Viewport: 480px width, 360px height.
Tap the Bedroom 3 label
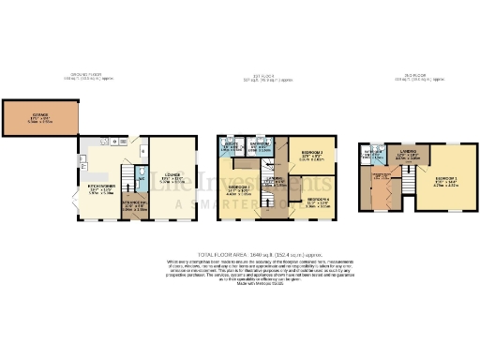[x=311, y=156]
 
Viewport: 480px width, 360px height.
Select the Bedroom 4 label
[x=319, y=200]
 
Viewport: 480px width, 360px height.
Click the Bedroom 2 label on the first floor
[x=240, y=189]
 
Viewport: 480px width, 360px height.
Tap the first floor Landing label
[x=273, y=183]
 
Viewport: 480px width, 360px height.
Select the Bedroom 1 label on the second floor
[x=443, y=182]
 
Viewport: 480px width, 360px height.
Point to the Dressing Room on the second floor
[x=382, y=178]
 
